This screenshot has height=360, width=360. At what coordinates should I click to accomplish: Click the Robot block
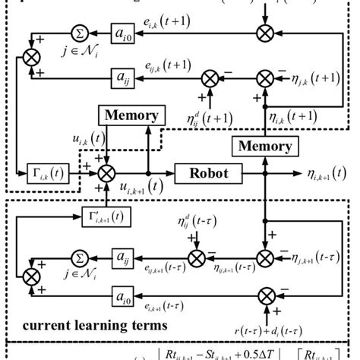(204, 172)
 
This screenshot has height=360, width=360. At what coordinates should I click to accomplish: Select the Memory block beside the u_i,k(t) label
(131, 116)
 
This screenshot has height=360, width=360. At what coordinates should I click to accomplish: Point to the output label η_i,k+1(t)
(318, 176)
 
